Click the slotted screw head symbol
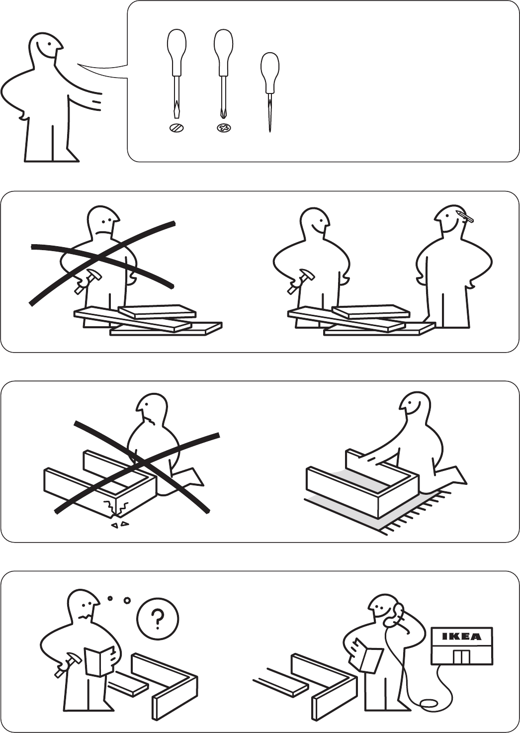pos(176,127)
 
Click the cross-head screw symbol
pos(223,127)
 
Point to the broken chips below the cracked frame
pos(120,524)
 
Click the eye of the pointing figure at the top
pos(49,44)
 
